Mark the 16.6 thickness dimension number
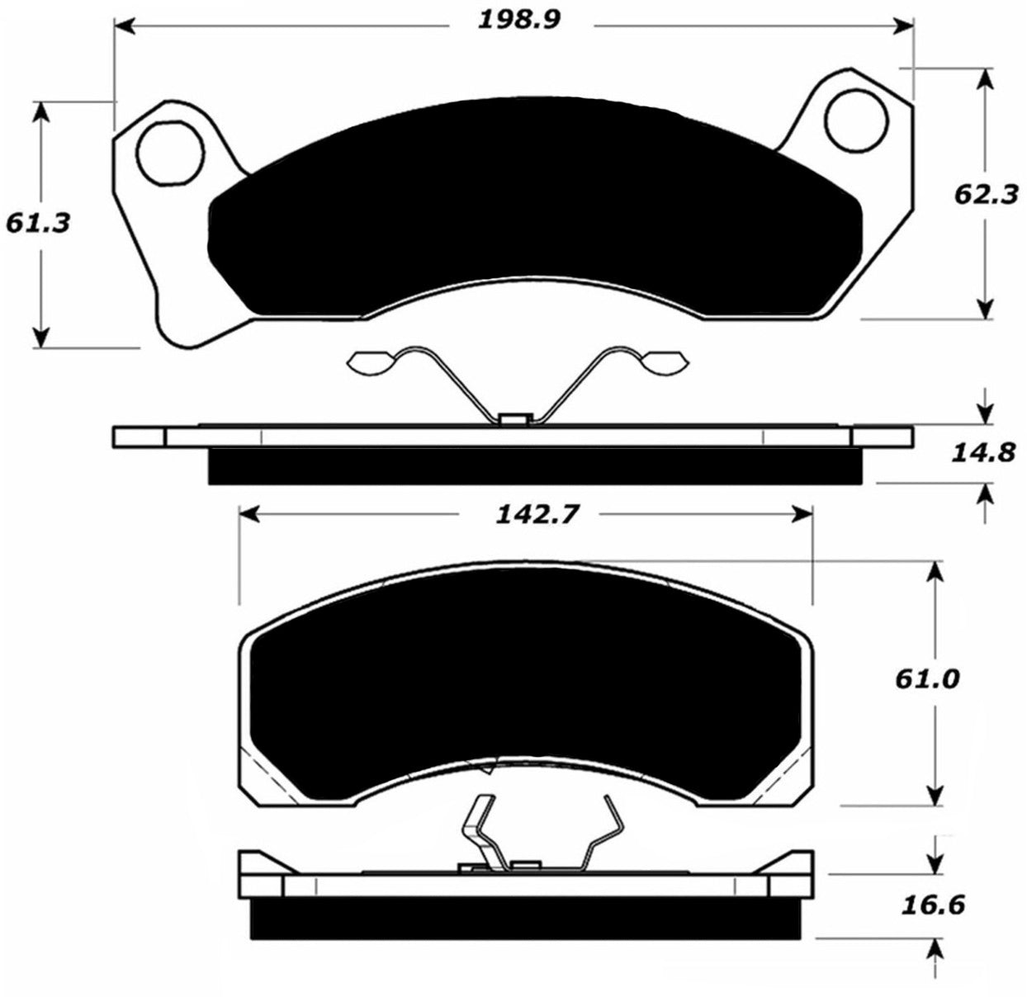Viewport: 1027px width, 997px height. [x=934, y=905]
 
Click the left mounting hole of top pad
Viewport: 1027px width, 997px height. [x=170, y=154]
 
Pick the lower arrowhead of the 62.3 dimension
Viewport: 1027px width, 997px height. [x=985, y=309]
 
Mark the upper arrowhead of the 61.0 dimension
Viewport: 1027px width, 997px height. [x=935, y=572]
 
